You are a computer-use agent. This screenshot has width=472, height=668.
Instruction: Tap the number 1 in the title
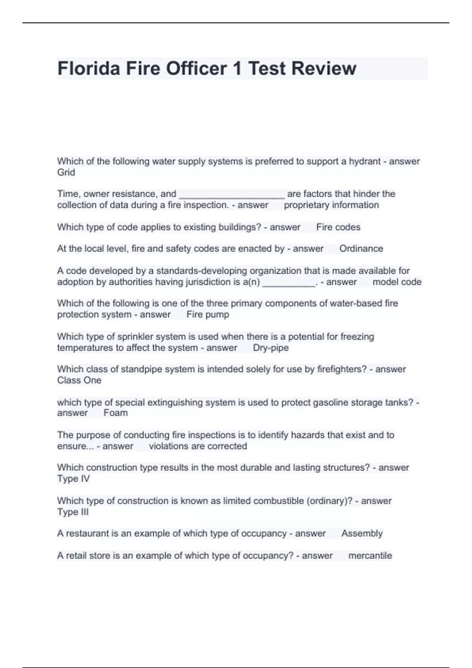(x=237, y=68)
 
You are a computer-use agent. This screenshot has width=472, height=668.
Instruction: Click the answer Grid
(x=66, y=173)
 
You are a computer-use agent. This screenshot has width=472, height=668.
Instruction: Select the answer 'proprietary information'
(x=331, y=205)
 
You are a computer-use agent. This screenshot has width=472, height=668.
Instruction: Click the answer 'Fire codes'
(x=338, y=227)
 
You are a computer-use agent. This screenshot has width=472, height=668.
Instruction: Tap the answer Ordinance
(x=361, y=249)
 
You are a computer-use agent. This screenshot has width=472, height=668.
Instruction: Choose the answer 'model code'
(x=397, y=282)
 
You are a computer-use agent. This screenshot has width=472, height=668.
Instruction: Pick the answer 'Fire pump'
(x=208, y=315)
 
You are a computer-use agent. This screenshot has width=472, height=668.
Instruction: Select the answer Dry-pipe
(x=271, y=348)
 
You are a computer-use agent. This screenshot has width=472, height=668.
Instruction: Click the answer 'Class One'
(x=79, y=380)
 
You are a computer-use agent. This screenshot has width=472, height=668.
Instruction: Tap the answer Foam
(x=116, y=413)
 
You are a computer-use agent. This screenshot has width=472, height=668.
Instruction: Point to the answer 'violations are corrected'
(x=198, y=446)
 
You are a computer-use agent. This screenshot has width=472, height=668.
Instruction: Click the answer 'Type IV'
(x=74, y=479)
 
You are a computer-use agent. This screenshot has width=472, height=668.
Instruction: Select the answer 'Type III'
(x=73, y=512)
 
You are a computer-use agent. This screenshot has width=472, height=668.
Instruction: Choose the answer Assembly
(x=362, y=534)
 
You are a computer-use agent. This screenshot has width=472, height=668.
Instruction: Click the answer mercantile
(x=370, y=556)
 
